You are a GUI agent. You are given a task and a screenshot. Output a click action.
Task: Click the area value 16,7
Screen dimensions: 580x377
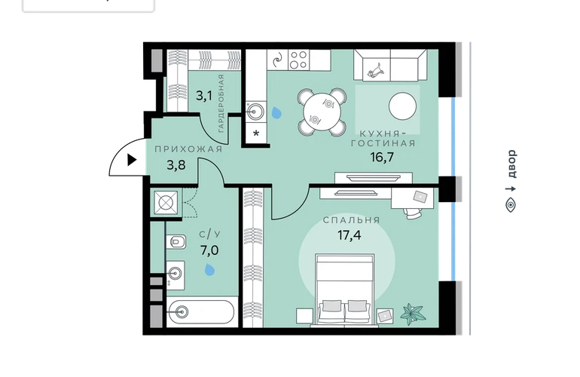[382, 158]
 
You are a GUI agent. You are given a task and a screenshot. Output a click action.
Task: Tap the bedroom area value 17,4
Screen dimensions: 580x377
[349, 234]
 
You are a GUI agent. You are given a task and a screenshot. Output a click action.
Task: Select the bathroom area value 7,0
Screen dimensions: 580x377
[209, 251]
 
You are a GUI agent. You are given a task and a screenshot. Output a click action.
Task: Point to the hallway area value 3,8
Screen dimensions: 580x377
[176, 165]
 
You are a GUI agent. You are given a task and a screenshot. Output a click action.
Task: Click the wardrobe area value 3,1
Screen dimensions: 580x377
[204, 97]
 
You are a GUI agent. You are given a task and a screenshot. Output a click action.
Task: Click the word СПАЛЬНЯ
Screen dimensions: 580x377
[352, 220]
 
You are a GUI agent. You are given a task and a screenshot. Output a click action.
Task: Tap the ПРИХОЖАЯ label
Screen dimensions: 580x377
[188, 149]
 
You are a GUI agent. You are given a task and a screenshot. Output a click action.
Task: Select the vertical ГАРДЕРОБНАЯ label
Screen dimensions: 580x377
[221, 103]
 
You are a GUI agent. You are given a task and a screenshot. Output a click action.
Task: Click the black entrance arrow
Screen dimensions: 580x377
[132, 160]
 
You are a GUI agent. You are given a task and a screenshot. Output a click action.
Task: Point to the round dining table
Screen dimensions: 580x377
[322, 111]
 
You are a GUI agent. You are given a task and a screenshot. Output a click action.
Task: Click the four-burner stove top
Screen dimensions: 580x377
[298, 60]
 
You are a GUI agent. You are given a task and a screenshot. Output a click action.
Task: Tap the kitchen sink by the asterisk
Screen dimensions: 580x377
[255, 111]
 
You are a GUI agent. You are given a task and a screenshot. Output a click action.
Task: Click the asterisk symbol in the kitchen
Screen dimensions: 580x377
[256, 133]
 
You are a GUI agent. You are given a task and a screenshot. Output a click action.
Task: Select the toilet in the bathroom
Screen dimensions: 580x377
[176, 242]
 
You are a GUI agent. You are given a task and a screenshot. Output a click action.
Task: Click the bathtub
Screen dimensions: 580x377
[201, 312]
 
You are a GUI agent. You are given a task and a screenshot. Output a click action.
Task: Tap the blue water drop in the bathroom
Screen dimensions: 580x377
[210, 270]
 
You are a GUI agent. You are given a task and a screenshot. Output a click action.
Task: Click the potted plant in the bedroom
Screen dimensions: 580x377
[413, 314]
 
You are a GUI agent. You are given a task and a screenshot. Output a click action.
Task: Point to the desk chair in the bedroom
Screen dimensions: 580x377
[414, 213]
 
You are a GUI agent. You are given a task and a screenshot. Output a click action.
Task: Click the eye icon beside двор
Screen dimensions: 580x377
[511, 205]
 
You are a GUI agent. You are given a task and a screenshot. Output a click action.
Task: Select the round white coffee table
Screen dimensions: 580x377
[402, 106]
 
